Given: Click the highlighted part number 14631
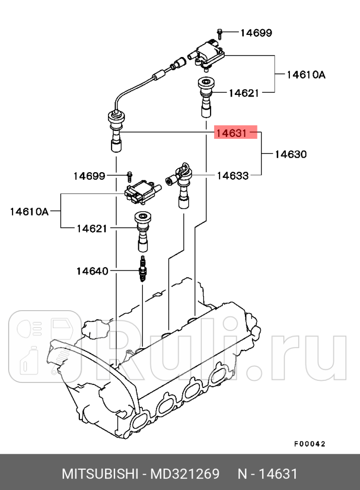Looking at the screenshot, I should [x=232, y=133].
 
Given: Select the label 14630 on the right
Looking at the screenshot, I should [x=290, y=154].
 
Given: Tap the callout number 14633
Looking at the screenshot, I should [x=233, y=175].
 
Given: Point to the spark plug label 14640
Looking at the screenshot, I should [x=92, y=271].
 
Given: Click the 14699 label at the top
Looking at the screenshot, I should [x=256, y=33].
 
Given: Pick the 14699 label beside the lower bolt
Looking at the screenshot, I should [x=89, y=176].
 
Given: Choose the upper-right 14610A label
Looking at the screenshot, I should [x=306, y=75].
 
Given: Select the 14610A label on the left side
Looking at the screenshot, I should [x=29, y=211].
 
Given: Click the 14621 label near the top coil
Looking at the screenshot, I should [x=243, y=93].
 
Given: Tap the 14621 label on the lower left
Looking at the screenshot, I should [x=92, y=228].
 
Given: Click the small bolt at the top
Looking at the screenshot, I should [x=220, y=33].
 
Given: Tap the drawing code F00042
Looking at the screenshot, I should [x=310, y=444].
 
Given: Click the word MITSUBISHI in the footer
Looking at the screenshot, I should [x=100, y=474].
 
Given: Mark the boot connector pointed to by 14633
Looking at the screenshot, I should [x=182, y=184].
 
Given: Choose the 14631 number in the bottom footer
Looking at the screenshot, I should [x=278, y=474].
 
